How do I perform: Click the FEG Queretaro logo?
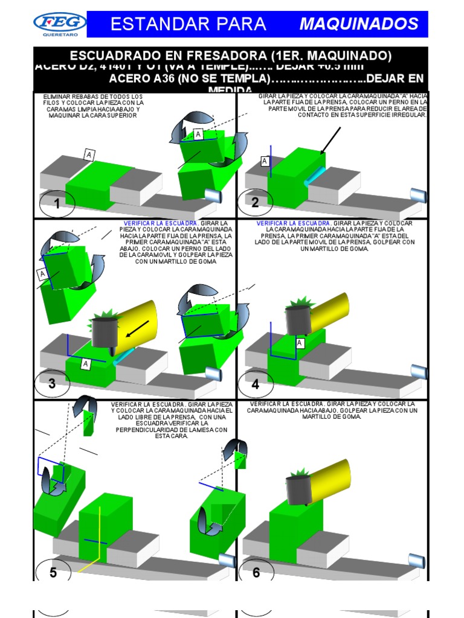click(x=59, y=25)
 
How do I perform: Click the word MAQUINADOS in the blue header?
click(x=359, y=24)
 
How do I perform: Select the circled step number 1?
click(x=57, y=205)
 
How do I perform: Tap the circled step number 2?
click(x=255, y=203)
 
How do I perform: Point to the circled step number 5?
click(x=53, y=572)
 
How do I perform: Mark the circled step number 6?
click(x=256, y=572)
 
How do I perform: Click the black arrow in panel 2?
click(x=330, y=141)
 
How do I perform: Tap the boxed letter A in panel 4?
click(x=300, y=343)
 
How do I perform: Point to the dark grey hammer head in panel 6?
click(x=299, y=489)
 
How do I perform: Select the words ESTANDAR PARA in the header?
click(x=188, y=24)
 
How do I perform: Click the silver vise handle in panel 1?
click(x=213, y=196)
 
